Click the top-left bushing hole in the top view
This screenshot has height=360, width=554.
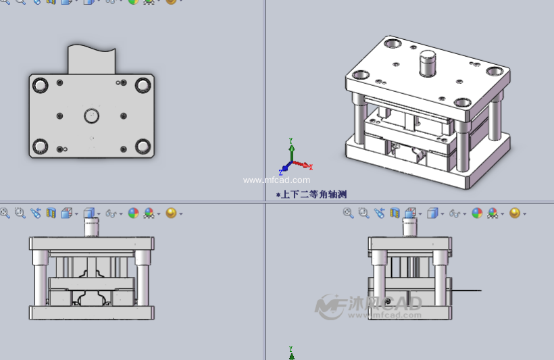[40, 85]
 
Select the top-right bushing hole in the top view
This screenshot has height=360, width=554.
[143, 85]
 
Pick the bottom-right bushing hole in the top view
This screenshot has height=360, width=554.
[143, 146]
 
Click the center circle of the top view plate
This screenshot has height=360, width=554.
[91, 116]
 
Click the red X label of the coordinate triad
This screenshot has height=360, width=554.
[311, 166]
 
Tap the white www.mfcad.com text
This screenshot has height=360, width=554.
[277, 180]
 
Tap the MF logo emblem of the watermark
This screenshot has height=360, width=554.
[330, 305]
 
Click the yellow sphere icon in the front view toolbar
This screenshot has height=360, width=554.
[170, 213]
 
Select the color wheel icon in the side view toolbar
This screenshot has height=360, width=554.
[477, 213]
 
